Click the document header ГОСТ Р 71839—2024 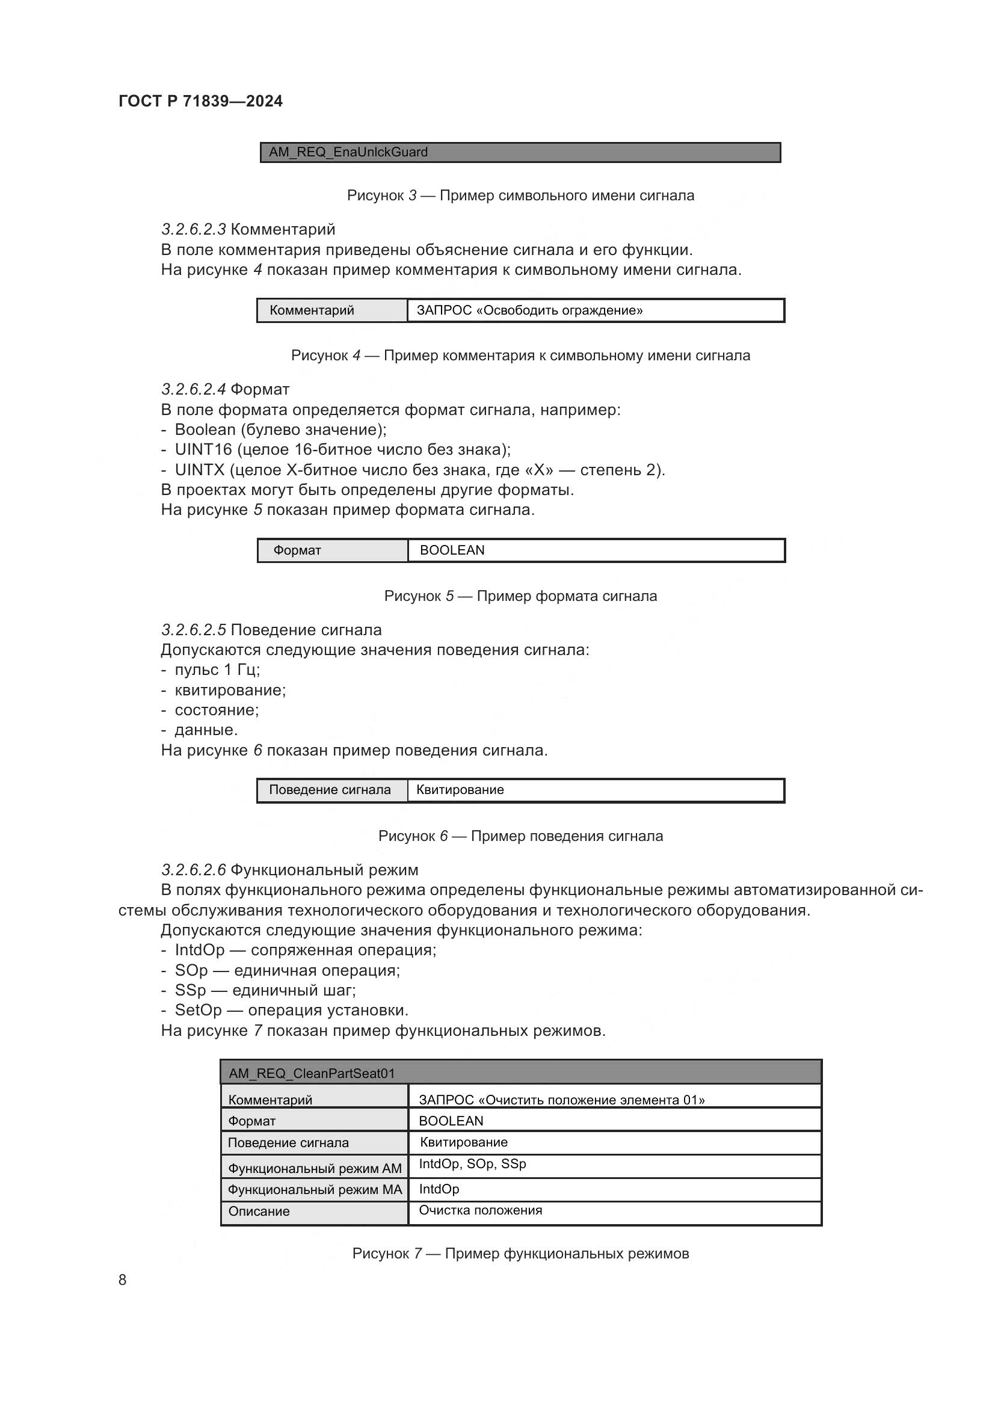(x=200, y=101)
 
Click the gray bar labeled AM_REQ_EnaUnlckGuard (x=520, y=152)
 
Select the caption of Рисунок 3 (x=520, y=196)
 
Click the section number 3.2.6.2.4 (x=193, y=389)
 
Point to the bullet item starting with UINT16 (x=342, y=449)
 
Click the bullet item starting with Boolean (x=280, y=429)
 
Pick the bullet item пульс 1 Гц (x=217, y=669)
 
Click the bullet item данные (x=206, y=729)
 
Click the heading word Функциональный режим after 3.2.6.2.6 (x=324, y=870)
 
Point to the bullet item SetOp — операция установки (x=291, y=1010)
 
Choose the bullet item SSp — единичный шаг (x=265, y=990)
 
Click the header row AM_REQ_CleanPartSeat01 (x=520, y=1073)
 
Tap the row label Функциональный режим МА (x=314, y=1189)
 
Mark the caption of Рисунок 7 (x=520, y=1254)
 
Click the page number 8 (x=123, y=1279)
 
